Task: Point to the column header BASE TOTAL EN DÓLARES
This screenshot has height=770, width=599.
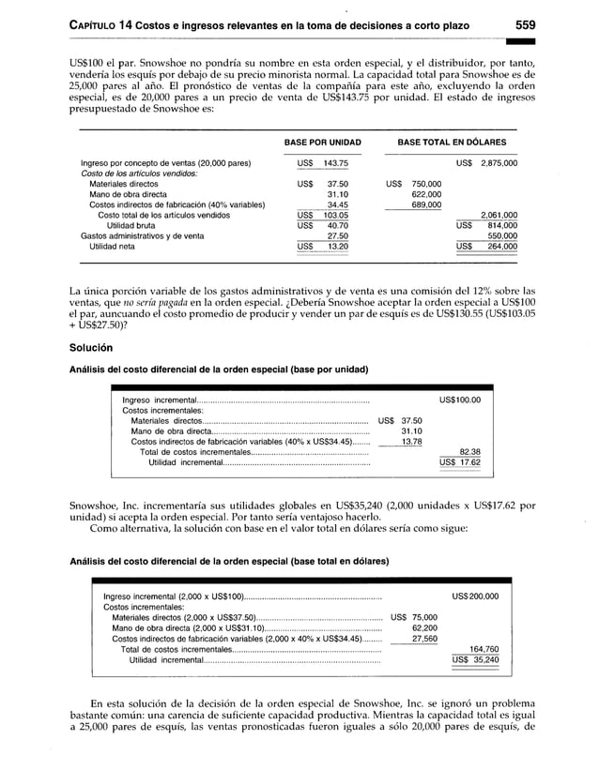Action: pyautogui.click(x=452, y=143)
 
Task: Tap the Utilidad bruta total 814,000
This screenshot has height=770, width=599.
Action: pyautogui.click(x=502, y=225)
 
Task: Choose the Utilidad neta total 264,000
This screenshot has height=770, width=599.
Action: pyautogui.click(x=502, y=247)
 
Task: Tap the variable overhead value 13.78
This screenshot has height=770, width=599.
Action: pyautogui.click(x=411, y=441)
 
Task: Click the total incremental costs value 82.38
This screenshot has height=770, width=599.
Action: pyautogui.click(x=468, y=451)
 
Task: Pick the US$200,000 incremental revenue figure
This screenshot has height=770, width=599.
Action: pyautogui.click(x=475, y=596)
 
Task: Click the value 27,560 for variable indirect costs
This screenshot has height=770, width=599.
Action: pyautogui.click(x=423, y=638)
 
